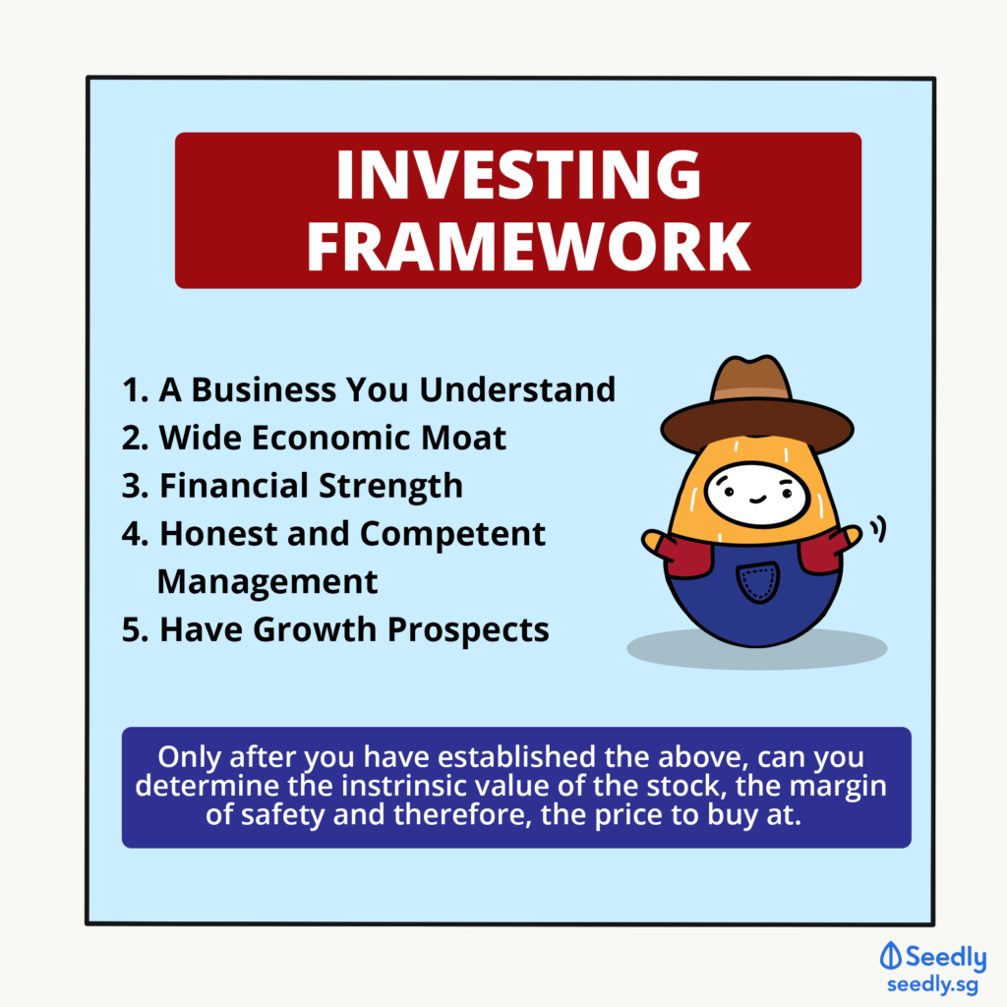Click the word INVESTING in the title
point(518,174)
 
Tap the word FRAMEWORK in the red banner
point(528,247)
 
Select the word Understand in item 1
point(517,389)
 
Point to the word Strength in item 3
point(390,487)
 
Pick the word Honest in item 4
point(218,534)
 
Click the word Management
point(267,582)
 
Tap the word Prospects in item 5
point(468,630)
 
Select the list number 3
point(134,486)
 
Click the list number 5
point(134,630)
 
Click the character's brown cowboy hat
point(756,406)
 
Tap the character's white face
point(756,494)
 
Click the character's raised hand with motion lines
point(853,537)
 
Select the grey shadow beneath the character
point(756,649)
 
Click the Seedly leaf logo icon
point(890,956)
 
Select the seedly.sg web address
point(932,985)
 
